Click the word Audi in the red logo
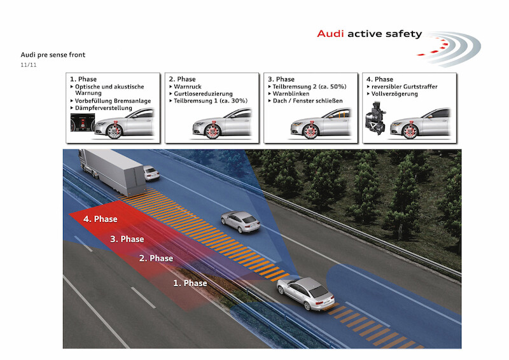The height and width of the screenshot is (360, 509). point(330,34)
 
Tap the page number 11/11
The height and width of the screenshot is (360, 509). point(29,65)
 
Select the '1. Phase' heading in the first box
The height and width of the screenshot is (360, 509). point(85,79)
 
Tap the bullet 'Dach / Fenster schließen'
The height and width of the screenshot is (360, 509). point(310,101)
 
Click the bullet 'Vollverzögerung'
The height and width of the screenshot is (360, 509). point(392,93)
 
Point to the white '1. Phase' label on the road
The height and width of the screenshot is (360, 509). point(190,283)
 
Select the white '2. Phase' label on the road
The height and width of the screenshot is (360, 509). point(156,258)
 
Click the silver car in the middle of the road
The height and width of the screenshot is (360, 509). point(240,221)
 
